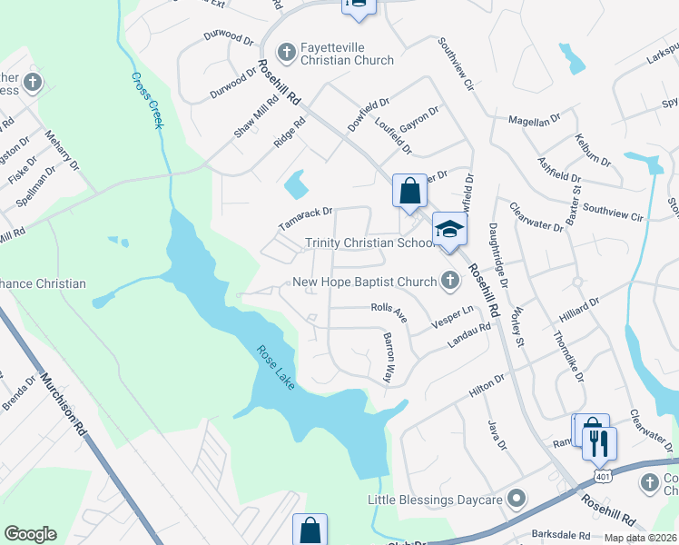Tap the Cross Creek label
coord(147,100)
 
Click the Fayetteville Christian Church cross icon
coord(286,52)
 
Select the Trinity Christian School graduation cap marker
coord(448,229)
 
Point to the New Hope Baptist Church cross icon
coord(449,282)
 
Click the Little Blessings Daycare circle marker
coord(517,499)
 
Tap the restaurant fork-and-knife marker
coord(600,442)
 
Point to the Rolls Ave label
coord(389,312)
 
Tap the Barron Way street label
coord(389,355)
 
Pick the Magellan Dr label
coord(535,120)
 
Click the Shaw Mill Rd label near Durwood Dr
coord(249,119)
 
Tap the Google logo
coord(30,534)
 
